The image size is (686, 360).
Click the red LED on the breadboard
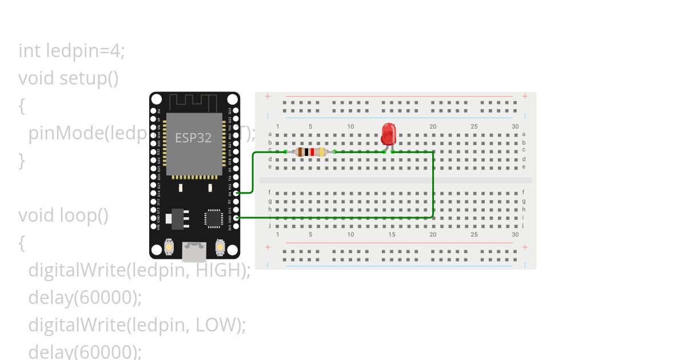click(389, 134)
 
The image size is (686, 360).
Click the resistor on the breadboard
click(310, 152)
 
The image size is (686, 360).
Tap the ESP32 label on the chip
click(193, 138)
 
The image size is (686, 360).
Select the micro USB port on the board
click(194, 250)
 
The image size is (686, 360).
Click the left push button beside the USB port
click(169, 247)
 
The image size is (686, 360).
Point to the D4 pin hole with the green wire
click(236, 193)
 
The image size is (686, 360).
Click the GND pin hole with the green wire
click(236, 218)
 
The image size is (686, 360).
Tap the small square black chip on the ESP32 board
click(213, 218)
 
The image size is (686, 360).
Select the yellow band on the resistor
click(322, 152)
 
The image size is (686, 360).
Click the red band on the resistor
click(312, 152)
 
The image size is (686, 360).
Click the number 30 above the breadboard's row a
click(515, 126)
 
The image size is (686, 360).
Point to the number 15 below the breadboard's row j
click(392, 234)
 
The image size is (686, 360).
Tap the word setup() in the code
click(89, 78)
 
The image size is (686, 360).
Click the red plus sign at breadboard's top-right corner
click(525, 97)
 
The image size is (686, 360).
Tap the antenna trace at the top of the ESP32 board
click(194, 102)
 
